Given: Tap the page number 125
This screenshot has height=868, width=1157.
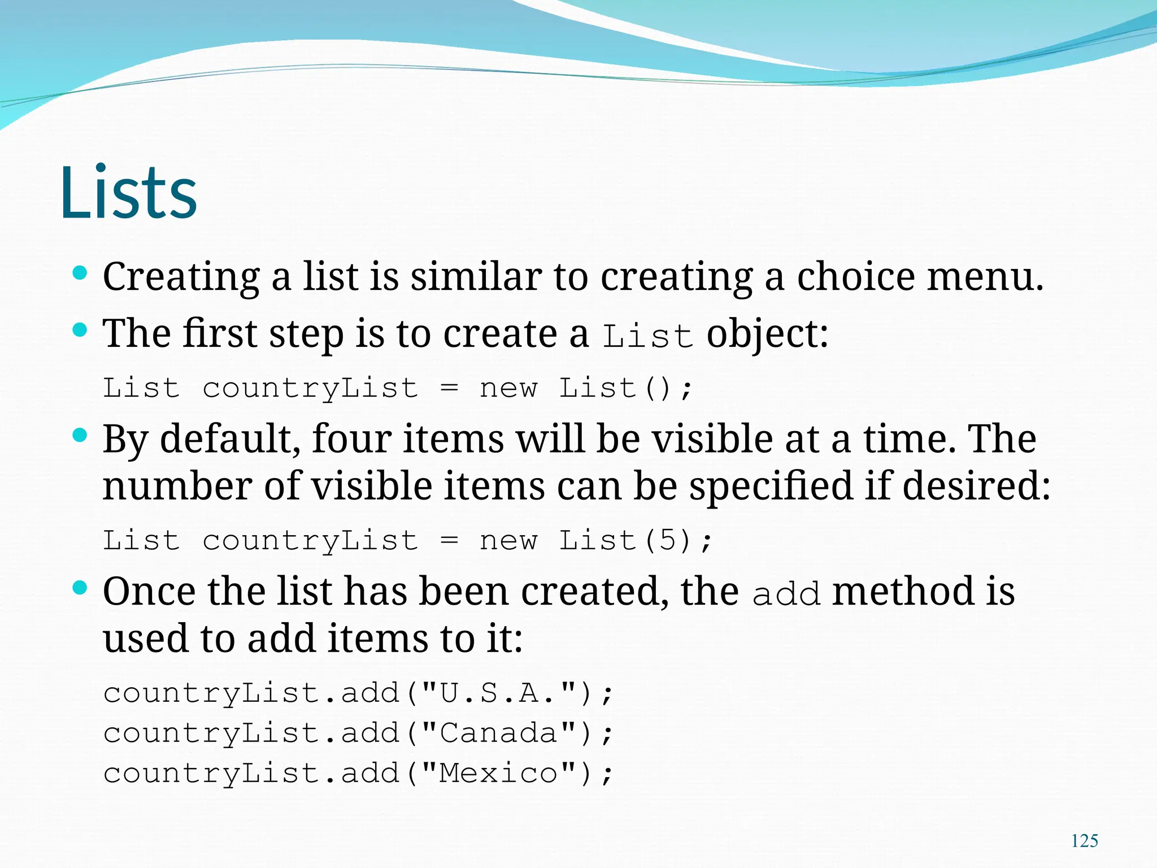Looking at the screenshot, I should [x=1084, y=841].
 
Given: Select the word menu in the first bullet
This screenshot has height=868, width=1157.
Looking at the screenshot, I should [x=985, y=277].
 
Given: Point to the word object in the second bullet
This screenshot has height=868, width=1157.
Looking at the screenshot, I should [x=767, y=335].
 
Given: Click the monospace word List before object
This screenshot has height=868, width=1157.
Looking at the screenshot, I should [x=647, y=337].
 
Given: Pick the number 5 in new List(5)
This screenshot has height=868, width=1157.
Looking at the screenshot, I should [x=667, y=540].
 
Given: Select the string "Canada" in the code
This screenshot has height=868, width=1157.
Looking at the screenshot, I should [x=499, y=733].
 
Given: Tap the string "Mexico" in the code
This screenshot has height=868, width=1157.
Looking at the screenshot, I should [x=499, y=773].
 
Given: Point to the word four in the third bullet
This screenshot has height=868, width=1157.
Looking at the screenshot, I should [x=351, y=439].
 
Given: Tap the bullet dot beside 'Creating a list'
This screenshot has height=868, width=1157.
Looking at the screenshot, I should [x=80, y=274].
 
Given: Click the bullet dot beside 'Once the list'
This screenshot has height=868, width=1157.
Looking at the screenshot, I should [x=80, y=588].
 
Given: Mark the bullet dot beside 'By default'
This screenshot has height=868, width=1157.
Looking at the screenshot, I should [x=80, y=435].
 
